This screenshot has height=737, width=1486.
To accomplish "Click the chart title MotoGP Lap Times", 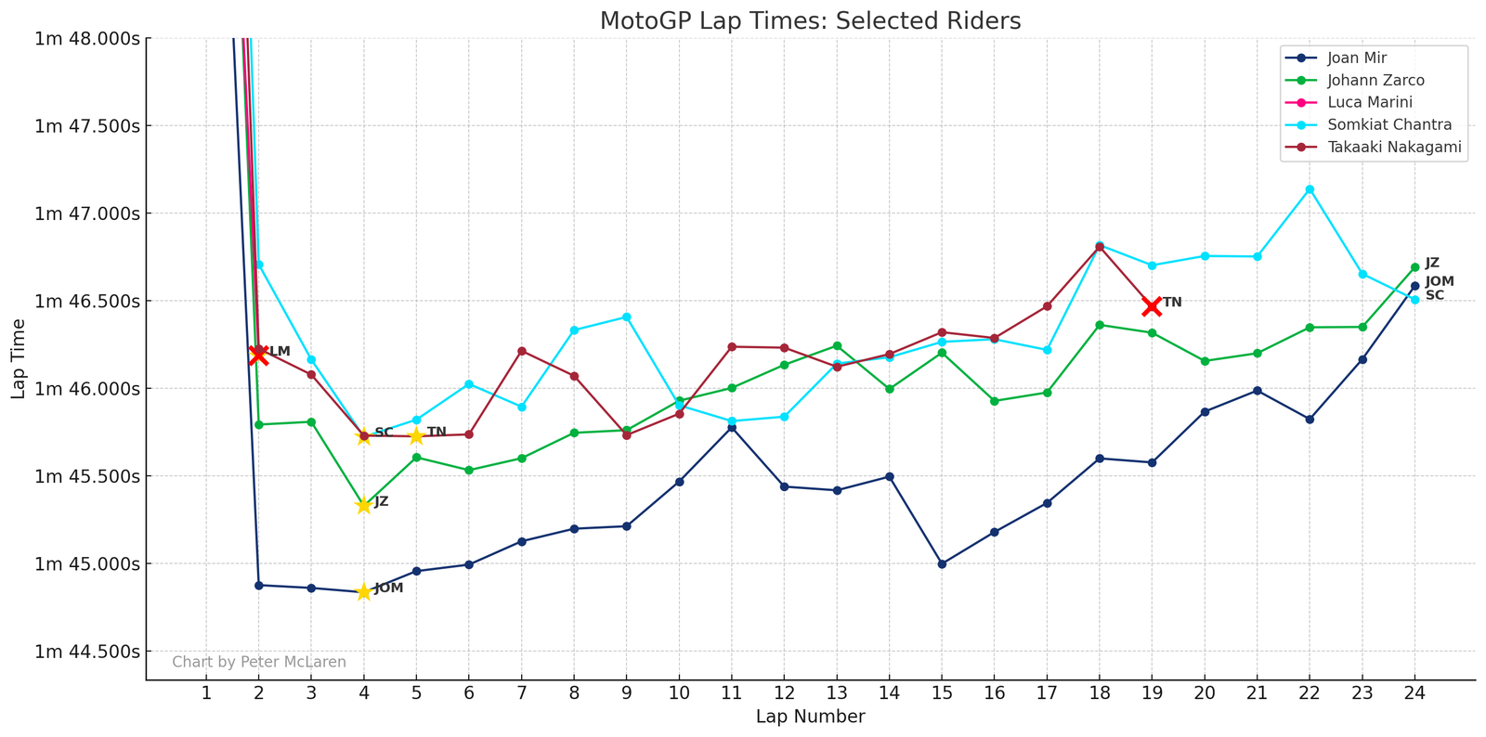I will click(810, 20).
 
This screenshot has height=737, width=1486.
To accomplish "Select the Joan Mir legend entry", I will click(1357, 58).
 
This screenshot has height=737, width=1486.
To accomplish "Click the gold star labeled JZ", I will click(363, 505).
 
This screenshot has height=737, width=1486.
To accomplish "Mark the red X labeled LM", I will click(258, 354).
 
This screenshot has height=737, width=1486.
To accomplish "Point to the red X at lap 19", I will click(1152, 306).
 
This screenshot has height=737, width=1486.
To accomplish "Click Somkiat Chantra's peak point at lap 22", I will click(1310, 189).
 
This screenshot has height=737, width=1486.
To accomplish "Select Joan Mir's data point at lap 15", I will click(942, 563).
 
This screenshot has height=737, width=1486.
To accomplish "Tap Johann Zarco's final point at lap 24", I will click(1414, 267).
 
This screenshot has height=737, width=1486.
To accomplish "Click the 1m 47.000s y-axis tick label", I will click(87, 213).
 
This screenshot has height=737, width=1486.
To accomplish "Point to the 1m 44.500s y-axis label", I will click(87, 652).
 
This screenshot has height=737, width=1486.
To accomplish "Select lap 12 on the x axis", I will click(784, 692).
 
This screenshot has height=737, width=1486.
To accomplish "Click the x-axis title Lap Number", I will click(810, 717).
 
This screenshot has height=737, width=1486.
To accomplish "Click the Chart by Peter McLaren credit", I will click(259, 662).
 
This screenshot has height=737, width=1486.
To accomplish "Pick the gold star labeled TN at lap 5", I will click(416, 436).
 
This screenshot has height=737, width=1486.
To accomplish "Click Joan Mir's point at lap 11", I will click(732, 427).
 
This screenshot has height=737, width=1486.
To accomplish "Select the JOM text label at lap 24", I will click(1440, 281).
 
